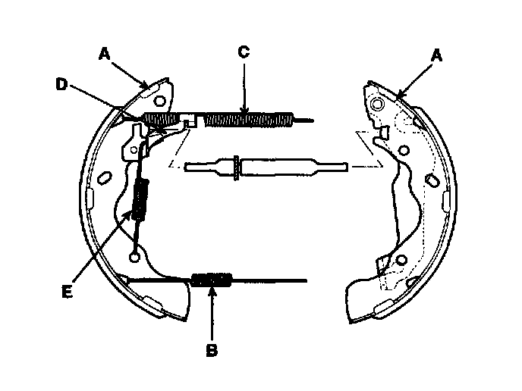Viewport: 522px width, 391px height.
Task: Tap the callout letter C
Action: point(243,52)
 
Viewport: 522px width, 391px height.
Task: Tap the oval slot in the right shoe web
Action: point(430,180)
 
